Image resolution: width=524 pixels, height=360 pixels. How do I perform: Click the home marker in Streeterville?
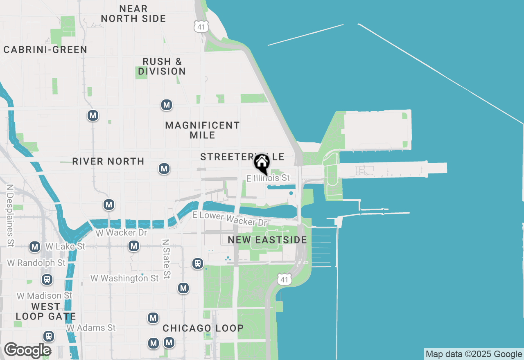(262, 163)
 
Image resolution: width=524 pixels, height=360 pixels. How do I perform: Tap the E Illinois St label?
(268, 178)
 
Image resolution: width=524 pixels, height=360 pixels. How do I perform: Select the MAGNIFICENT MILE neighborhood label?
(202, 130)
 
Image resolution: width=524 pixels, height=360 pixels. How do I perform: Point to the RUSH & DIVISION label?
(162, 66)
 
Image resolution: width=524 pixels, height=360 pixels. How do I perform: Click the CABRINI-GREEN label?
(45, 50)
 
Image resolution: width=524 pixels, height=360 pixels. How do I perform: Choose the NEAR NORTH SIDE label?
(133, 13)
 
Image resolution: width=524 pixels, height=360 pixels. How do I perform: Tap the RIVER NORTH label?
(108, 161)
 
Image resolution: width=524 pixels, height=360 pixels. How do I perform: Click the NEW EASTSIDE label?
(267, 240)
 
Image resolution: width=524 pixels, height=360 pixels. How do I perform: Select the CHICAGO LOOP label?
(203, 328)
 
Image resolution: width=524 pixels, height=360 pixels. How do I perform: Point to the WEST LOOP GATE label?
(45, 311)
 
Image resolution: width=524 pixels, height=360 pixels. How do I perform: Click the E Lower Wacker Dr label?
(230, 219)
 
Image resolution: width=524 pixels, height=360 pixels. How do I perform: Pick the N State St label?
(166, 259)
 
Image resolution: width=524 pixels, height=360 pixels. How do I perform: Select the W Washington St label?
(124, 278)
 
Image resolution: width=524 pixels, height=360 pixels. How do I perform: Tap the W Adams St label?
(91, 328)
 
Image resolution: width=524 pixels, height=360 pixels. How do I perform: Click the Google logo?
(27, 351)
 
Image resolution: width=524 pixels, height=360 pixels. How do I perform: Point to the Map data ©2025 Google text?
(474, 354)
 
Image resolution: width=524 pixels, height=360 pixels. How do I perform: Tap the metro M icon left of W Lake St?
(35, 247)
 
